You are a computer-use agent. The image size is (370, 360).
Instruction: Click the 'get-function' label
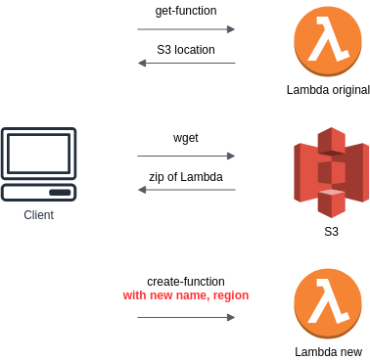[186, 11]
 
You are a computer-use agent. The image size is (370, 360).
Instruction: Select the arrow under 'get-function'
[186, 29]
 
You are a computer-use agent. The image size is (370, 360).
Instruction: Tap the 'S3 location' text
[186, 49]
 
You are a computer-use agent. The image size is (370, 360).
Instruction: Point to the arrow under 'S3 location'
[186, 64]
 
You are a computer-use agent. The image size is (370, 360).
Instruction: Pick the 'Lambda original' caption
[328, 90]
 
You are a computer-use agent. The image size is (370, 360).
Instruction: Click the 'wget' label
[186, 138]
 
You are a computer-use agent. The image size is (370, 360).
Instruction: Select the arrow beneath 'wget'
[186, 156]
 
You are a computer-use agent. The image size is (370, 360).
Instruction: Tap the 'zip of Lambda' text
[186, 177]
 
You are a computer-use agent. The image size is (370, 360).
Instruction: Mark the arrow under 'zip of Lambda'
[186, 190]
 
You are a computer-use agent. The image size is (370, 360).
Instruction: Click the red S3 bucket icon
[330, 172]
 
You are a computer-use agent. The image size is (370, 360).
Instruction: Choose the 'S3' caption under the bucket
[331, 232]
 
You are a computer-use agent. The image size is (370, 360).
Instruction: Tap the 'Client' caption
[39, 215]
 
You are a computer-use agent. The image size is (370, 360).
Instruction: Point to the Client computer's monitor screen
[39, 154]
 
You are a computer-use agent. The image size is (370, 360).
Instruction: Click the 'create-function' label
[186, 281]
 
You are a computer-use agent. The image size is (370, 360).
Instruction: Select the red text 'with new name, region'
[186, 295]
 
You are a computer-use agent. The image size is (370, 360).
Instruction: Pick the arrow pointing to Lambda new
[186, 317]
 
